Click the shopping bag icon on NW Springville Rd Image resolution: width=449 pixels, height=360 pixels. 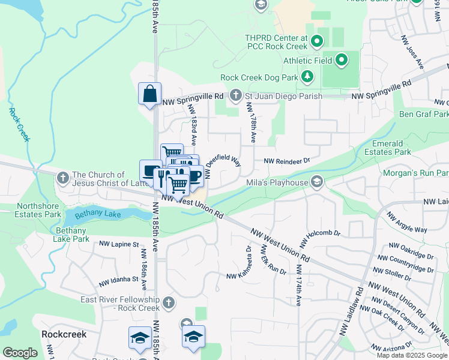(x=149, y=94)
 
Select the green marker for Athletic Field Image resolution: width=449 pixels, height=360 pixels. (x=342, y=59)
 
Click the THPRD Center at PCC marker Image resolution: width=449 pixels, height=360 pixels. (x=318, y=41)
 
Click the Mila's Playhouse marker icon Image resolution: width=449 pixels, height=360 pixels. (x=317, y=182)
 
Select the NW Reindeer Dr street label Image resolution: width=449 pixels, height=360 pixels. (x=286, y=161)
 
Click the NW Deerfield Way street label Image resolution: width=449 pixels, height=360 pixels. (x=223, y=165)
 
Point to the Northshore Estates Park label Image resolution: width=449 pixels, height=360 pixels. (x=30, y=210)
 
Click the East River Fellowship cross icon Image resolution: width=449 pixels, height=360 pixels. (x=169, y=303)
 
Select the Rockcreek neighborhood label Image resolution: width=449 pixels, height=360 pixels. (x=64, y=334)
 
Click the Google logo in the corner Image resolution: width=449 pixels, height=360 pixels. (x=20, y=353)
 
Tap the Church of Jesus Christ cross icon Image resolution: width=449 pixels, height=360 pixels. (x=62, y=178)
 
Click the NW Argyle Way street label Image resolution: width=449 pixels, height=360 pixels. (x=406, y=223)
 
